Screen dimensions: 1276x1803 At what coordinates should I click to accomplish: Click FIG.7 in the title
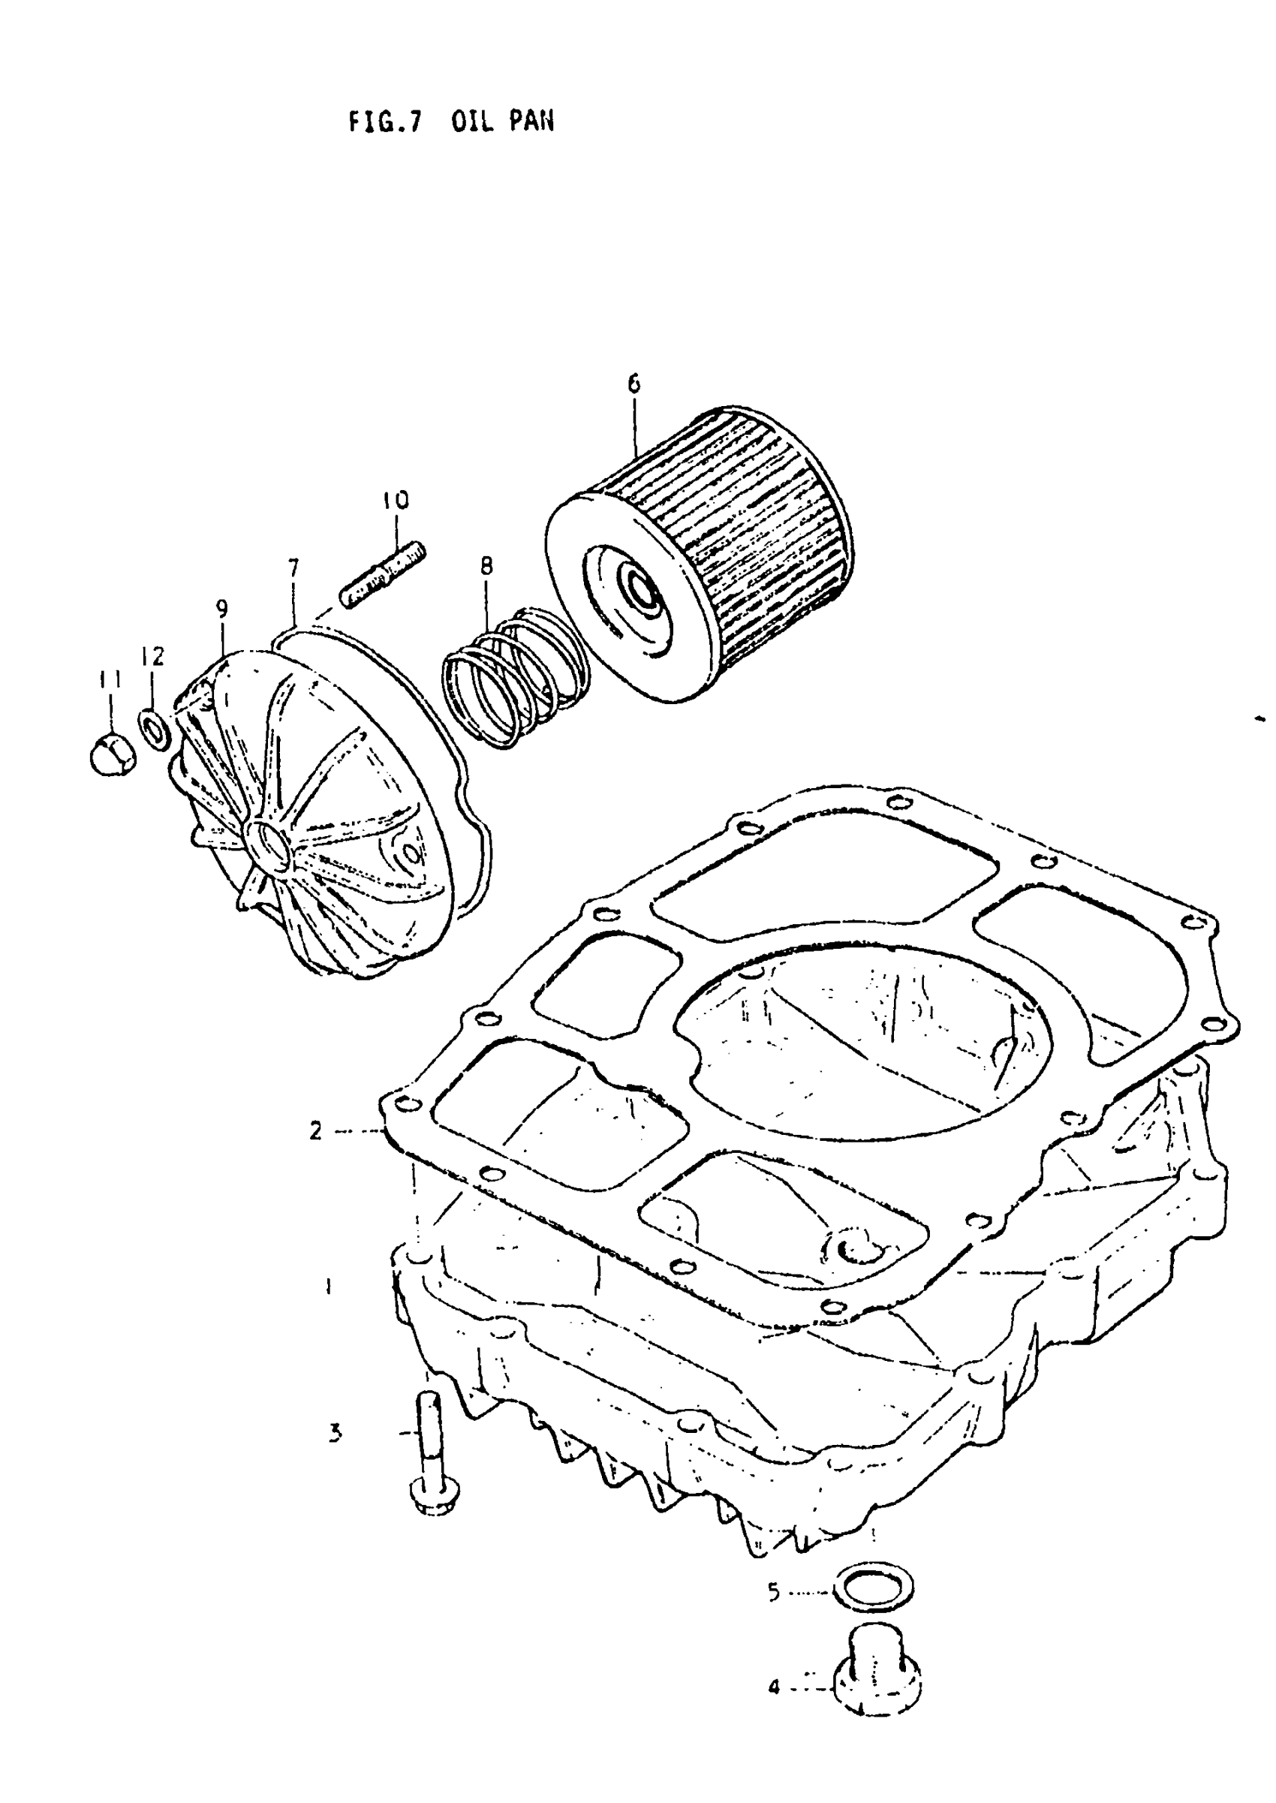coord(385,122)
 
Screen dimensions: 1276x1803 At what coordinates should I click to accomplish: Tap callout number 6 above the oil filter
coord(634,384)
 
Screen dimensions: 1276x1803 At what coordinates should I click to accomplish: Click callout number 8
coord(487,566)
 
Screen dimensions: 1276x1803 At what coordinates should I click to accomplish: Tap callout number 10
coord(396,500)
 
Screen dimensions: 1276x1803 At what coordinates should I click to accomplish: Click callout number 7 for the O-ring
coord(292,567)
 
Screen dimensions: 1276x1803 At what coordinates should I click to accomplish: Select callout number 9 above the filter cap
coord(222,609)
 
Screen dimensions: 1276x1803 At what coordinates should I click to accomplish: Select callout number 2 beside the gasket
coord(315,1130)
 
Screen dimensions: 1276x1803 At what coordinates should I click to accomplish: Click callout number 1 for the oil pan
coord(330,1286)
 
